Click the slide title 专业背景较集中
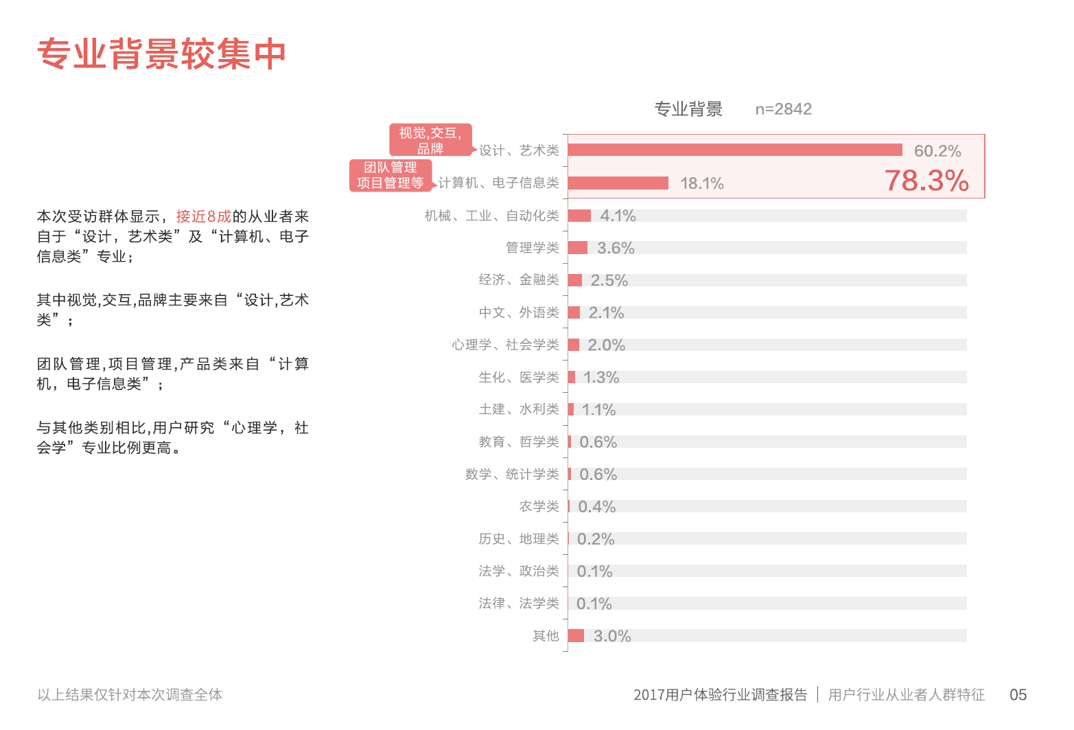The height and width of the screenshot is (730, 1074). [161, 54]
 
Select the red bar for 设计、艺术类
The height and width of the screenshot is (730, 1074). [734, 150]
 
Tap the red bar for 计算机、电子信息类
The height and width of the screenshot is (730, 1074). [618, 183]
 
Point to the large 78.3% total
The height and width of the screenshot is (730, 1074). [926, 181]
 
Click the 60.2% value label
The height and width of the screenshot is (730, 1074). [937, 151]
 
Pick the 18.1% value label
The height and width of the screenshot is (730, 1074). [701, 183]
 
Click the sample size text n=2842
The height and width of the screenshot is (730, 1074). [783, 109]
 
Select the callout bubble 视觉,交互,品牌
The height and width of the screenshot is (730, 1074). [430, 140]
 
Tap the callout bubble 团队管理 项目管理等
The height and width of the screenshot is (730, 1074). [390, 175]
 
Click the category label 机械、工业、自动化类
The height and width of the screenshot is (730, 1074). [491, 216]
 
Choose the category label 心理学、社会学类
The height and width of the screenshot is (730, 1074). [505, 345]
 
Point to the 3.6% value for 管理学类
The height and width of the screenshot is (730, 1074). [616, 248]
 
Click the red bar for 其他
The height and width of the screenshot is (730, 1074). [576, 636]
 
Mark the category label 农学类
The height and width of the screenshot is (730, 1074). [539, 506]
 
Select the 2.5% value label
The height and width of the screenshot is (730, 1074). [609, 280]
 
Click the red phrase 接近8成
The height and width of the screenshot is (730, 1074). [204, 216]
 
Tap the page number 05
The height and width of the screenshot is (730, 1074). [1018, 695]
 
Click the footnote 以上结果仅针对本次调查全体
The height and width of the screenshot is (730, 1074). [130, 695]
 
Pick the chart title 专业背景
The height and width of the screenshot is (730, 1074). [688, 109]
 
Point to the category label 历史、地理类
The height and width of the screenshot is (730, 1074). [519, 538]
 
